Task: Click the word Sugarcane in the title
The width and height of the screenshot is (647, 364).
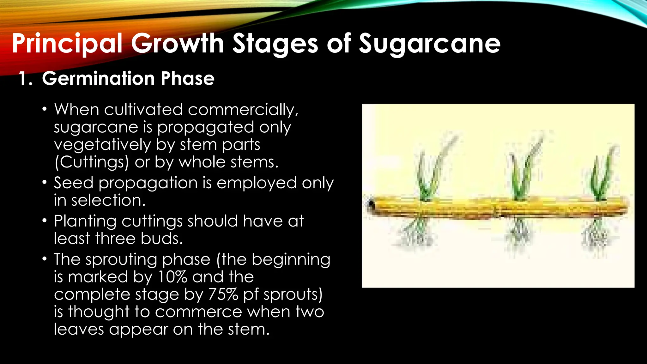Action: point(430,44)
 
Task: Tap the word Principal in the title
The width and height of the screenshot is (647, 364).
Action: point(67,44)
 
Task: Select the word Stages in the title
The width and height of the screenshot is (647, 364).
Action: point(275,44)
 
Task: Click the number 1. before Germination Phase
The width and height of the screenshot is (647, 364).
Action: point(25,78)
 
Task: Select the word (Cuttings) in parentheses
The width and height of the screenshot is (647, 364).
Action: point(92,162)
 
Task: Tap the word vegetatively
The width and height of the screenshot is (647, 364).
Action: point(102,145)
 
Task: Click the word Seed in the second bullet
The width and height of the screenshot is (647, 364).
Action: point(73,183)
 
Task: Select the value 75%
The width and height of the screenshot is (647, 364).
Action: point(223,294)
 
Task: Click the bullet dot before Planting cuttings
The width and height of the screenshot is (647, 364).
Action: point(45,221)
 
